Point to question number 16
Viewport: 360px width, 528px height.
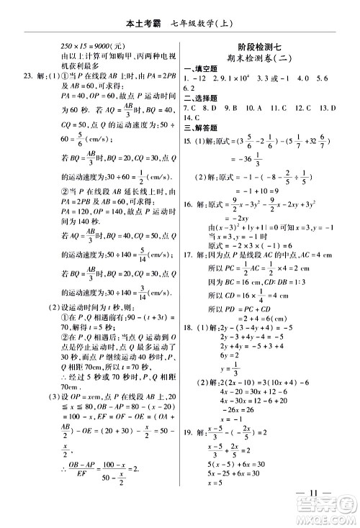(x=187, y=204)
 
